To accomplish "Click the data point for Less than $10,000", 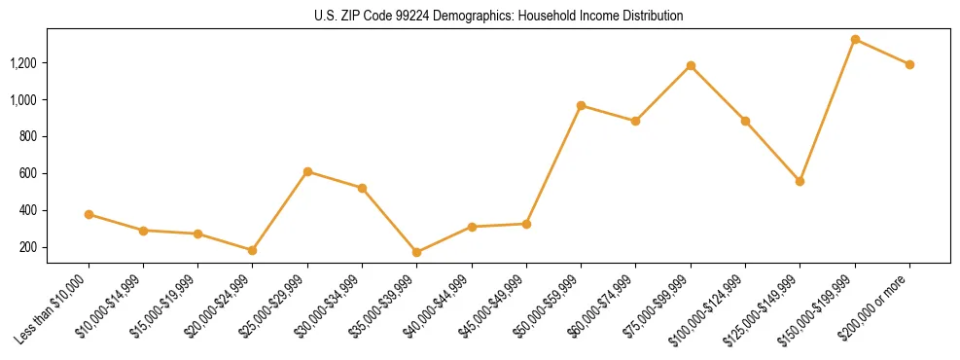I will click(x=89, y=214).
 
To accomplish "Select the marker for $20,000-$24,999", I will click(x=253, y=250).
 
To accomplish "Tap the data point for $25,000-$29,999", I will click(x=307, y=171).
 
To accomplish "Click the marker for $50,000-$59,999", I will click(x=581, y=105).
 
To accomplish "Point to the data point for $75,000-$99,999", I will click(x=691, y=66).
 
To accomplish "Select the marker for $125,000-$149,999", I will click(x=800, y=181).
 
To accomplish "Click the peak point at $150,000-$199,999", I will click(x=855, y=40).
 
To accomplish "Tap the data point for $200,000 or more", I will click(x=909, y=64).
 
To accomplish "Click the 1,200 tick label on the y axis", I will click(x=51, y=63).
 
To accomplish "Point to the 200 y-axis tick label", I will click(x=56, y=247).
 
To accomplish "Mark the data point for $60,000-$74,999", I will click(x=635, y=121).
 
